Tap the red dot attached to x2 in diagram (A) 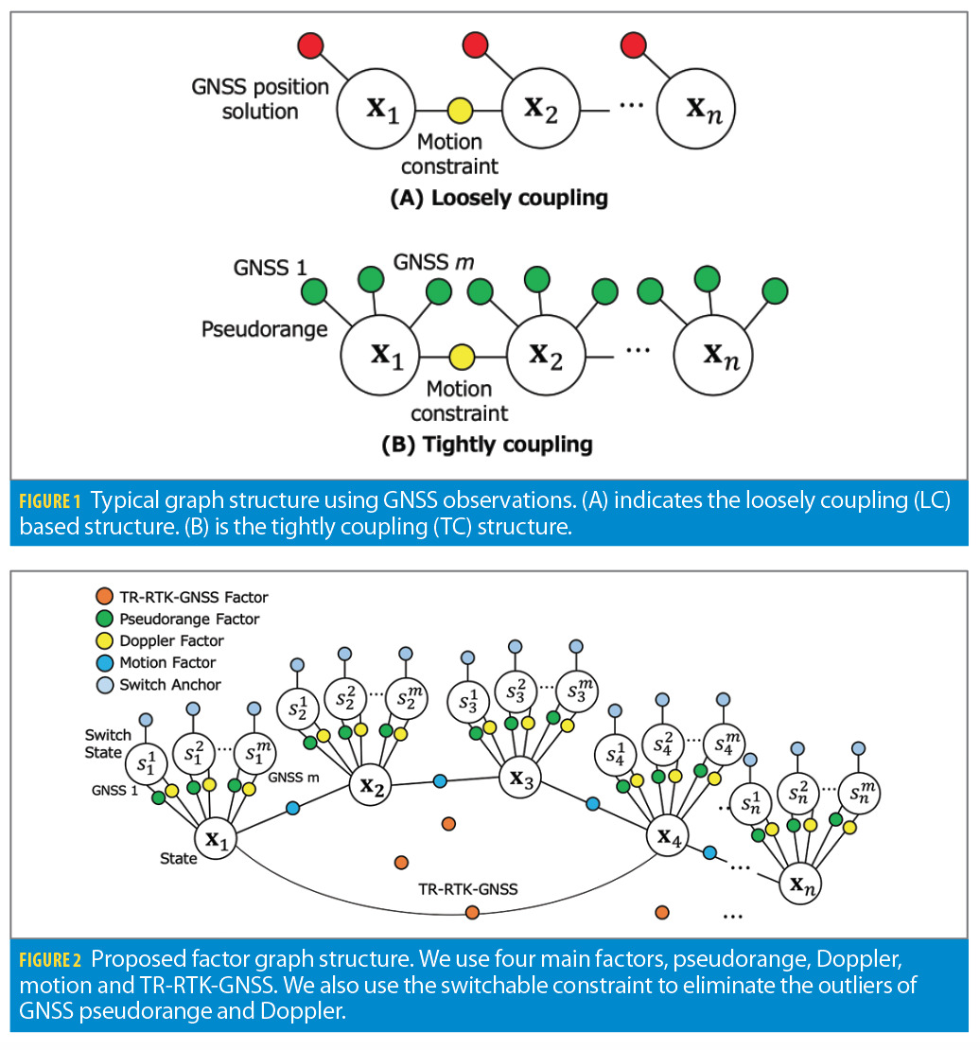475,44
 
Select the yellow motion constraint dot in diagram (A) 461,110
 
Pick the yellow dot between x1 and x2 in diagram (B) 461,357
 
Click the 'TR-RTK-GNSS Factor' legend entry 194,597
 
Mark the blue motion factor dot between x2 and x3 440,781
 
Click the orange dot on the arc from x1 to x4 472,912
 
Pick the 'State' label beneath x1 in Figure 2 178,858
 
